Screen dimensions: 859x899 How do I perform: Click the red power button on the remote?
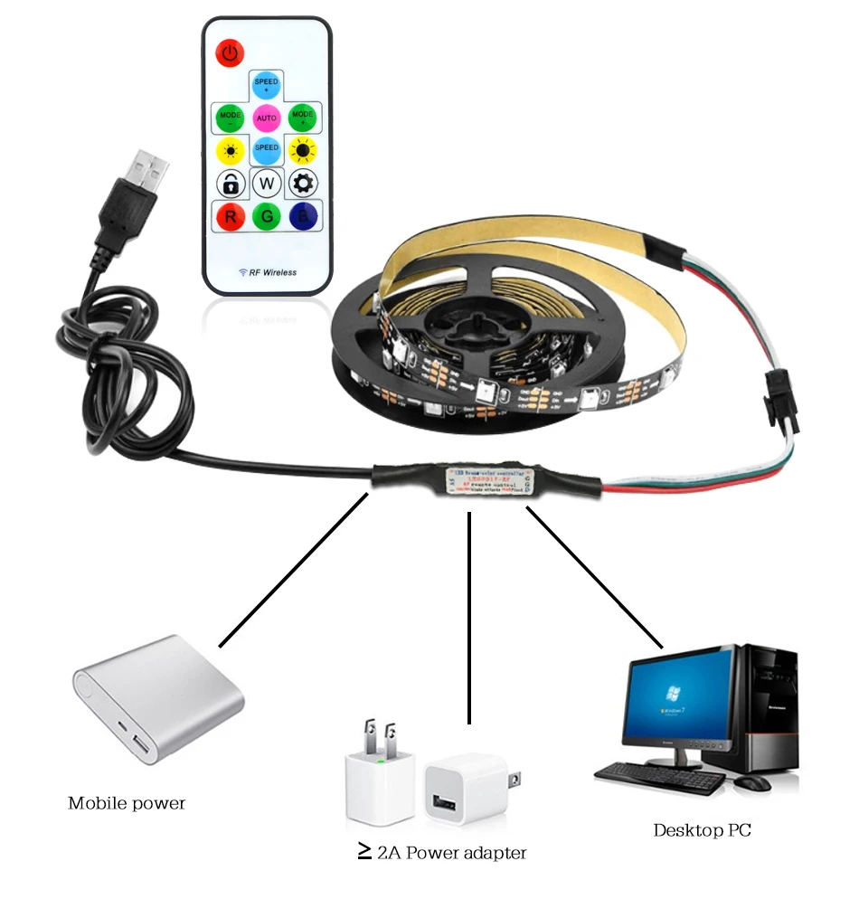(230, 52)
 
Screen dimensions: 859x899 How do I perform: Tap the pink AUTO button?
(266, 118)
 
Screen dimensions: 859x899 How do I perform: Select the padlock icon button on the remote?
(231, 184)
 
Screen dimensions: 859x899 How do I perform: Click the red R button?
(231, 217)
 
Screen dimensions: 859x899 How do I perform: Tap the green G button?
(267, 217)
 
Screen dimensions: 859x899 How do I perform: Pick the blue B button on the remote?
(302, 217)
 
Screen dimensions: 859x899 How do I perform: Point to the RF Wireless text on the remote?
(267, 272)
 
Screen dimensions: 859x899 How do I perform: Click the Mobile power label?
(127, 802)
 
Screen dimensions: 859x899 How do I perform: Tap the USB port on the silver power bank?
(141, 746)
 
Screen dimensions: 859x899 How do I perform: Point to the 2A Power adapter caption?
(442, 852)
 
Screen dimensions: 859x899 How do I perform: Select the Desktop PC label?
(702, 829)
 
